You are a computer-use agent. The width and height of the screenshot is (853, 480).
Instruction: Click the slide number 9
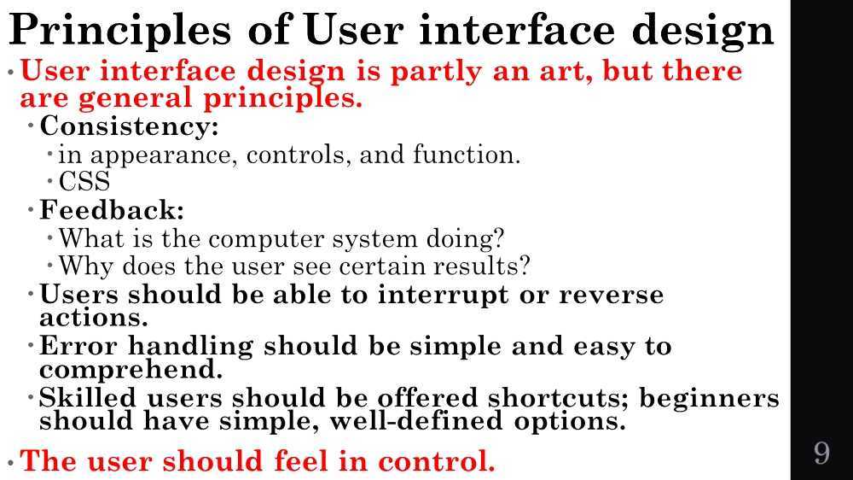point(821,453)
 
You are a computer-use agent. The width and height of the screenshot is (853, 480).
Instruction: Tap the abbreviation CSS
point(84,182)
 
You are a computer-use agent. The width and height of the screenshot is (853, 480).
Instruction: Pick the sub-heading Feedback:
point(112,209)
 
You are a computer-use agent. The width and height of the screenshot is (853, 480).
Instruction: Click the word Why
point(86,266)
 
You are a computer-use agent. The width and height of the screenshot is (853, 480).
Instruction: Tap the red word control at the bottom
point(436,461)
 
